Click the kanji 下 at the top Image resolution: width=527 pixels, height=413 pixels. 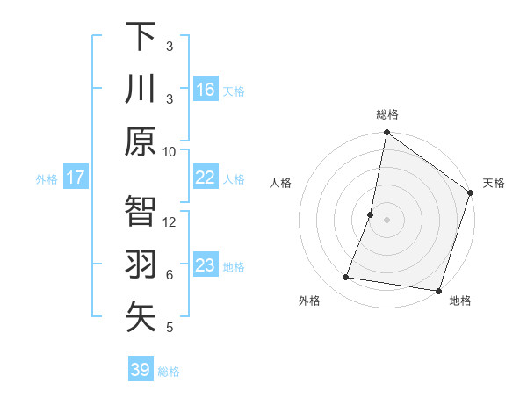click(141, 37)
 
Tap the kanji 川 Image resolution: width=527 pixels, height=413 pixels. click(141, 89)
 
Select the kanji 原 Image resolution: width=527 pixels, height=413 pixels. click(141, 141)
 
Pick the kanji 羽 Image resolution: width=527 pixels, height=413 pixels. click(141, 264)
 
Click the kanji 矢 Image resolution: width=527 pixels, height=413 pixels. click(141, 317)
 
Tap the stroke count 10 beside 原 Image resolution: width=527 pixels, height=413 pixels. click(170, 151)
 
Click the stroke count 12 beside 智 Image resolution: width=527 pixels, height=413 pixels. click(170, 222)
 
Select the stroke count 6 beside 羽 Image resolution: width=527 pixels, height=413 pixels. click(170, 275)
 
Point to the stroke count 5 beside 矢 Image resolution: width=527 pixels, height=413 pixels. click(170, 328)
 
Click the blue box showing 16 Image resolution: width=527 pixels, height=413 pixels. click(206, 90)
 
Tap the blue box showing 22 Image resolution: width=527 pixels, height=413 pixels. click(206, 178)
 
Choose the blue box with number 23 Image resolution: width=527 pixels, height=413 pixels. click(206, 265)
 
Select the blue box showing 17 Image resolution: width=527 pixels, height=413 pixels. click(76, 178)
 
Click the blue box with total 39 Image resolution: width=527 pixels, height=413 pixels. click(141, 370)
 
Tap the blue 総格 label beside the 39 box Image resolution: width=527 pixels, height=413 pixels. click(170, 372)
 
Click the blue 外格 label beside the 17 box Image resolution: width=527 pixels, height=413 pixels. click(47, 179)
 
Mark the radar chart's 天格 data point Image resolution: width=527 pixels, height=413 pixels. click(470, 194)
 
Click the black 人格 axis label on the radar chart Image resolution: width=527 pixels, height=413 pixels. click(281, 183)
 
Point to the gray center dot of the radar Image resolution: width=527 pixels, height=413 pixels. click(386, 220)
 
